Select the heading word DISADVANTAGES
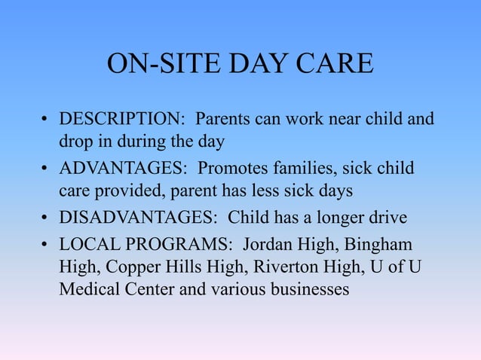tap(139, 218)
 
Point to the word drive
tap(388, 218)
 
